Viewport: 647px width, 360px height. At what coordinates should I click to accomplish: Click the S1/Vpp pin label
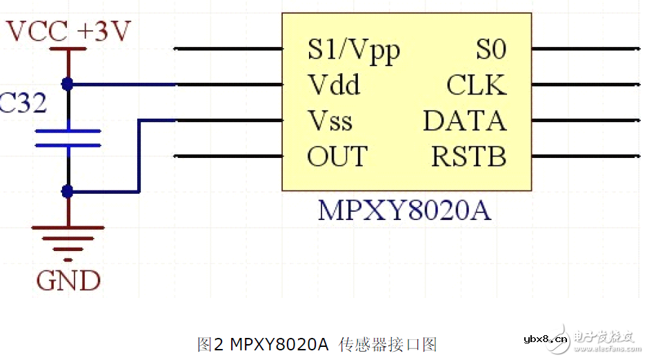point(353,50)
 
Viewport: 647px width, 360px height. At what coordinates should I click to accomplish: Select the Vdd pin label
point(334,86)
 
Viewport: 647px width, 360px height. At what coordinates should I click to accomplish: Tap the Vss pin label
point(330,121)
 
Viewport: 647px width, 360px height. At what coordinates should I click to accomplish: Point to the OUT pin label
point(337,157)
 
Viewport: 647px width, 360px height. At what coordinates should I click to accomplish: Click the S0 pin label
point(490,50)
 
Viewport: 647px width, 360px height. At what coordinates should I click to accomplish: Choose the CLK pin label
point(476,86)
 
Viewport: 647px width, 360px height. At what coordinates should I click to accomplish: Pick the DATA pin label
point(464,121)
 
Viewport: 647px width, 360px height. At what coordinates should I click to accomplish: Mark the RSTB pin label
point(468,157)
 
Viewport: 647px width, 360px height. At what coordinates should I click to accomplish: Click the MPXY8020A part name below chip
point(404,210)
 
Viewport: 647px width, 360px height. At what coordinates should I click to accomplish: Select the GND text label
point(68,281)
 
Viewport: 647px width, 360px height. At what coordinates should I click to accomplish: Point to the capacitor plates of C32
point(68,138)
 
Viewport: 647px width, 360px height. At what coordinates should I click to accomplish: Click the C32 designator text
point(23,103)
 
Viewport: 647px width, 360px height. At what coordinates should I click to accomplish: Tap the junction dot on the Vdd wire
point(68,84)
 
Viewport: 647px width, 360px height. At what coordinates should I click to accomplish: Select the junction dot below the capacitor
point(68,191)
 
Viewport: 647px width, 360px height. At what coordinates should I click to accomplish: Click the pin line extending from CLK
point(586,85)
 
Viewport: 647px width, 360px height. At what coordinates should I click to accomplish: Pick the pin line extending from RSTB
point(586,156)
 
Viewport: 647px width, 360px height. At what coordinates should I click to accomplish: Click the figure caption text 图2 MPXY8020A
point(317,343)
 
